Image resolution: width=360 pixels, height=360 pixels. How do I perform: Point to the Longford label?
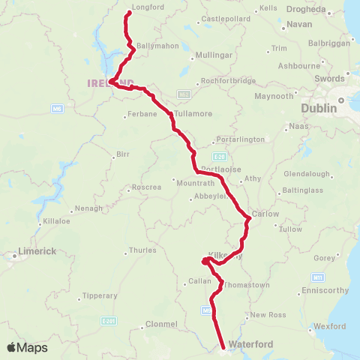pyautogui.click(x=142, y=7)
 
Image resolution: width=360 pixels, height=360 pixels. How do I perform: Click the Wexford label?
pyautogui.click(x=329, y=326)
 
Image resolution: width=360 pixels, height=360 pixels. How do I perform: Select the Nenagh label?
pyautogui.click(x=88, y=208)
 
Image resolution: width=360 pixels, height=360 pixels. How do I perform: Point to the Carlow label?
pyautogui.click(x=265, y=214)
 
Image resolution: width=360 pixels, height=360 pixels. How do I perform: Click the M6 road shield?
pyautogui.click(x=57, y=109)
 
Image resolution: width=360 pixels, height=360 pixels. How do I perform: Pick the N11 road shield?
pyautogui.click(x=319, y=278)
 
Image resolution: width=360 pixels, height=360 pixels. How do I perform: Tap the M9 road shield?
pyautogui.click(x=205, y=308)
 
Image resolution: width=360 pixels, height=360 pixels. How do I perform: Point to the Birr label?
pyautogui.click(x=122, y=154)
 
